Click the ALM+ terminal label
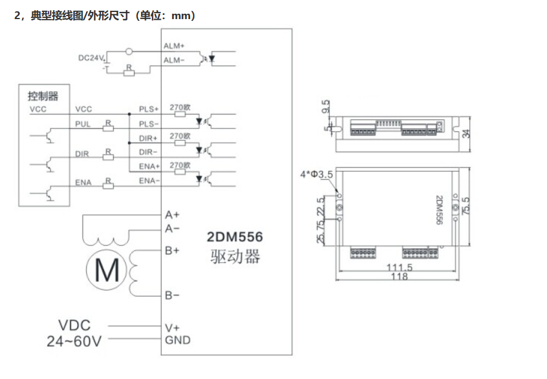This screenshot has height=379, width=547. pos(175,45)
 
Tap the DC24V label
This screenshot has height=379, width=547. pos(91,58)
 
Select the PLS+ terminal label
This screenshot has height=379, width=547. pos(149,109)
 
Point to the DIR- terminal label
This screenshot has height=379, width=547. pos(148,152)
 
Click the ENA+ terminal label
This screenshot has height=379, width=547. pos(149,166)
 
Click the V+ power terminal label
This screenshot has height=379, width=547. pos(172,327)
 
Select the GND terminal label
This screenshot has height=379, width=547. pos(178,340)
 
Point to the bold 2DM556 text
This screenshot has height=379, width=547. pos(234,237)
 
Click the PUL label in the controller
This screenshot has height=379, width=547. pos(82,124)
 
